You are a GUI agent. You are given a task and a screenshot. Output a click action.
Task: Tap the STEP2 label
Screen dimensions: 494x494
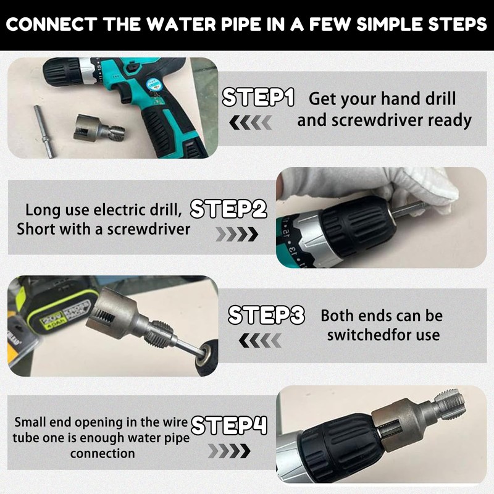tap(228, 210)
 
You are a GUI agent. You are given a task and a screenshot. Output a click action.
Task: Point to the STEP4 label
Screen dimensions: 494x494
tap(229, 425)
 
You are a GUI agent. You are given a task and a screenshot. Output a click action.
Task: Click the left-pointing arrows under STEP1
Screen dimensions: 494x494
tap(250, 124)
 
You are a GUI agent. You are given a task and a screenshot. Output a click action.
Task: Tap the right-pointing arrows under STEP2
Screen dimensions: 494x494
tap(237, 235)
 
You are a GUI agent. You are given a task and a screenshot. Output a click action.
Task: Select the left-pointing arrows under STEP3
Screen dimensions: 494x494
tap(259, 340)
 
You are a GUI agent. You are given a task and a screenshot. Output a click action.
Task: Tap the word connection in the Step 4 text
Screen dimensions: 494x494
tap(102, 453)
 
